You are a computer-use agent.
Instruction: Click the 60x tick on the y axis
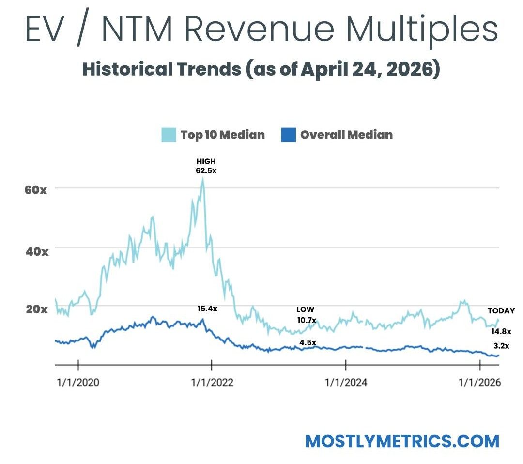[x=36, y=189]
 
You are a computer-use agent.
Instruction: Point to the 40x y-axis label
[x=36, y=252]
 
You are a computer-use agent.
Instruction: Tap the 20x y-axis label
[x=36, y=309]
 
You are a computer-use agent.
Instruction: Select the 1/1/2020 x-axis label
[x=78, y=382]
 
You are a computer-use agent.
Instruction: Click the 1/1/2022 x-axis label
[x=212, y=382]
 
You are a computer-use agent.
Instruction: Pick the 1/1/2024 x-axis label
[x=346, y=382]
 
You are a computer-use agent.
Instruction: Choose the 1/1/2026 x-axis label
[x=480, y=382]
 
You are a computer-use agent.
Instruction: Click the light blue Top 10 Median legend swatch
[x=169, y=135]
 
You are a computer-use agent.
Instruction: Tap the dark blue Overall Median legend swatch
[x=288, y=135]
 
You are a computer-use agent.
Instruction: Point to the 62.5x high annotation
[x=206, y=170]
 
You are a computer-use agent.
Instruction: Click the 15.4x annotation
[x=207, y=309]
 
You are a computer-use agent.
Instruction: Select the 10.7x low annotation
[x=306, y=320]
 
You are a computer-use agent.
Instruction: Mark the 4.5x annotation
[x=307, y=343]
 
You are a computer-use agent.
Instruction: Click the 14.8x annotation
[x=501, y=332]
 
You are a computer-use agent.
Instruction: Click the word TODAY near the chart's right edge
[x=501, y=311]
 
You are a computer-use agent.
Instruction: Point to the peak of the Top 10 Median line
[x=203, y=178]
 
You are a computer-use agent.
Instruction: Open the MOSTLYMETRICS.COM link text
[x=402, y=441]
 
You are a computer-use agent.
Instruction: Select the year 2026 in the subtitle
[x=415, y=69]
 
